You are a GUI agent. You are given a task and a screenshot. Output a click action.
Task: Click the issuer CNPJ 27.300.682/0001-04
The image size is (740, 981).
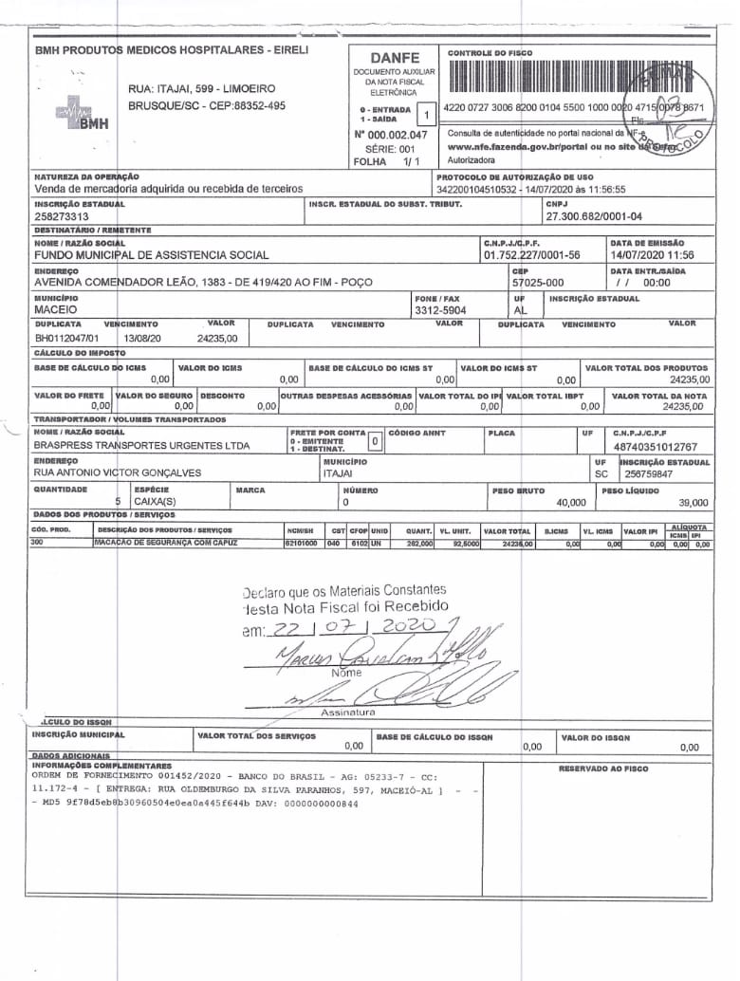coord(593,216)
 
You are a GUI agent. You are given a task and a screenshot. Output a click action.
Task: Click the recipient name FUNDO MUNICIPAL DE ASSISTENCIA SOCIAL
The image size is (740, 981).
coord(152,255)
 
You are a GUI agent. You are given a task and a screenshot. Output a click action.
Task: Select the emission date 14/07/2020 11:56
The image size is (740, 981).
coord(653,255)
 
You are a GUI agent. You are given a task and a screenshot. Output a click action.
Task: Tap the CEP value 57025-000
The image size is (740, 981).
coord(537,283)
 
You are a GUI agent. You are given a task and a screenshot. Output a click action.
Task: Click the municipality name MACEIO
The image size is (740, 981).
coord(56,310)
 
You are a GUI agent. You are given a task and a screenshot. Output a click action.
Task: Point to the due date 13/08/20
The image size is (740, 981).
coord(141,337)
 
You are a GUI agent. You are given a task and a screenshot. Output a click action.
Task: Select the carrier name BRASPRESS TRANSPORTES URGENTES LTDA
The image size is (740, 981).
coord(142,445)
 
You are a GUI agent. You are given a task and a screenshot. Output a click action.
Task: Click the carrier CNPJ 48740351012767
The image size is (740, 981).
coord(655,446)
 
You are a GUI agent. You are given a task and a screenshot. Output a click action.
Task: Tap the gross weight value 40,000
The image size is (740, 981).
coord(571,502)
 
